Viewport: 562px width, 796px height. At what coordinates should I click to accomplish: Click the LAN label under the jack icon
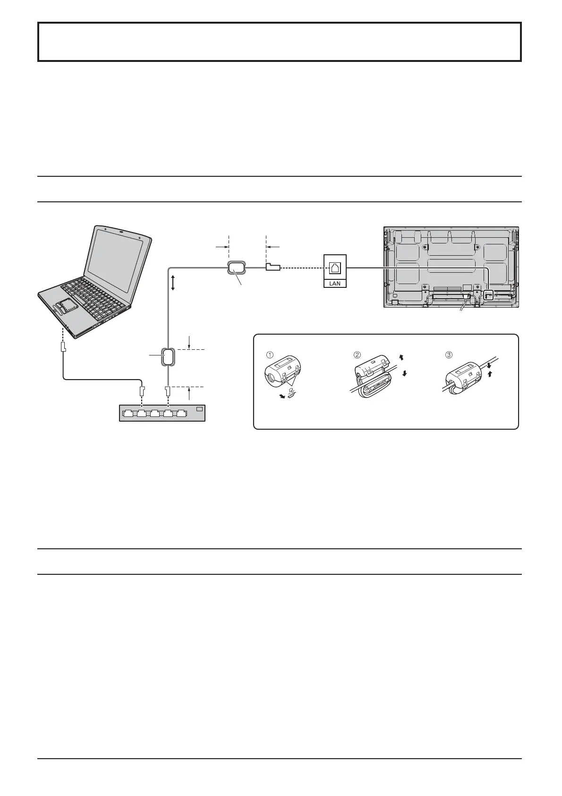[335, 283]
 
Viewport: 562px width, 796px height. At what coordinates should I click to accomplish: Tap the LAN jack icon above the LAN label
[335, 268]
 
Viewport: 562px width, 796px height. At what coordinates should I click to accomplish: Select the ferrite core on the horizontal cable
[237, 268]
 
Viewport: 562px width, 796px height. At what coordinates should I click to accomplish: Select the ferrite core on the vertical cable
[169, 356]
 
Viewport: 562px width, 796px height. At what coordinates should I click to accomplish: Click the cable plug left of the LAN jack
[273, 268]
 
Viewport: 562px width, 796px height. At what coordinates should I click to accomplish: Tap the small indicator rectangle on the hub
[199, 409]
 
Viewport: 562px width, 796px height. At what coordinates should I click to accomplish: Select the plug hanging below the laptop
[63, 347]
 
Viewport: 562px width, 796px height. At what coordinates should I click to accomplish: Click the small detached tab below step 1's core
[292, 392]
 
